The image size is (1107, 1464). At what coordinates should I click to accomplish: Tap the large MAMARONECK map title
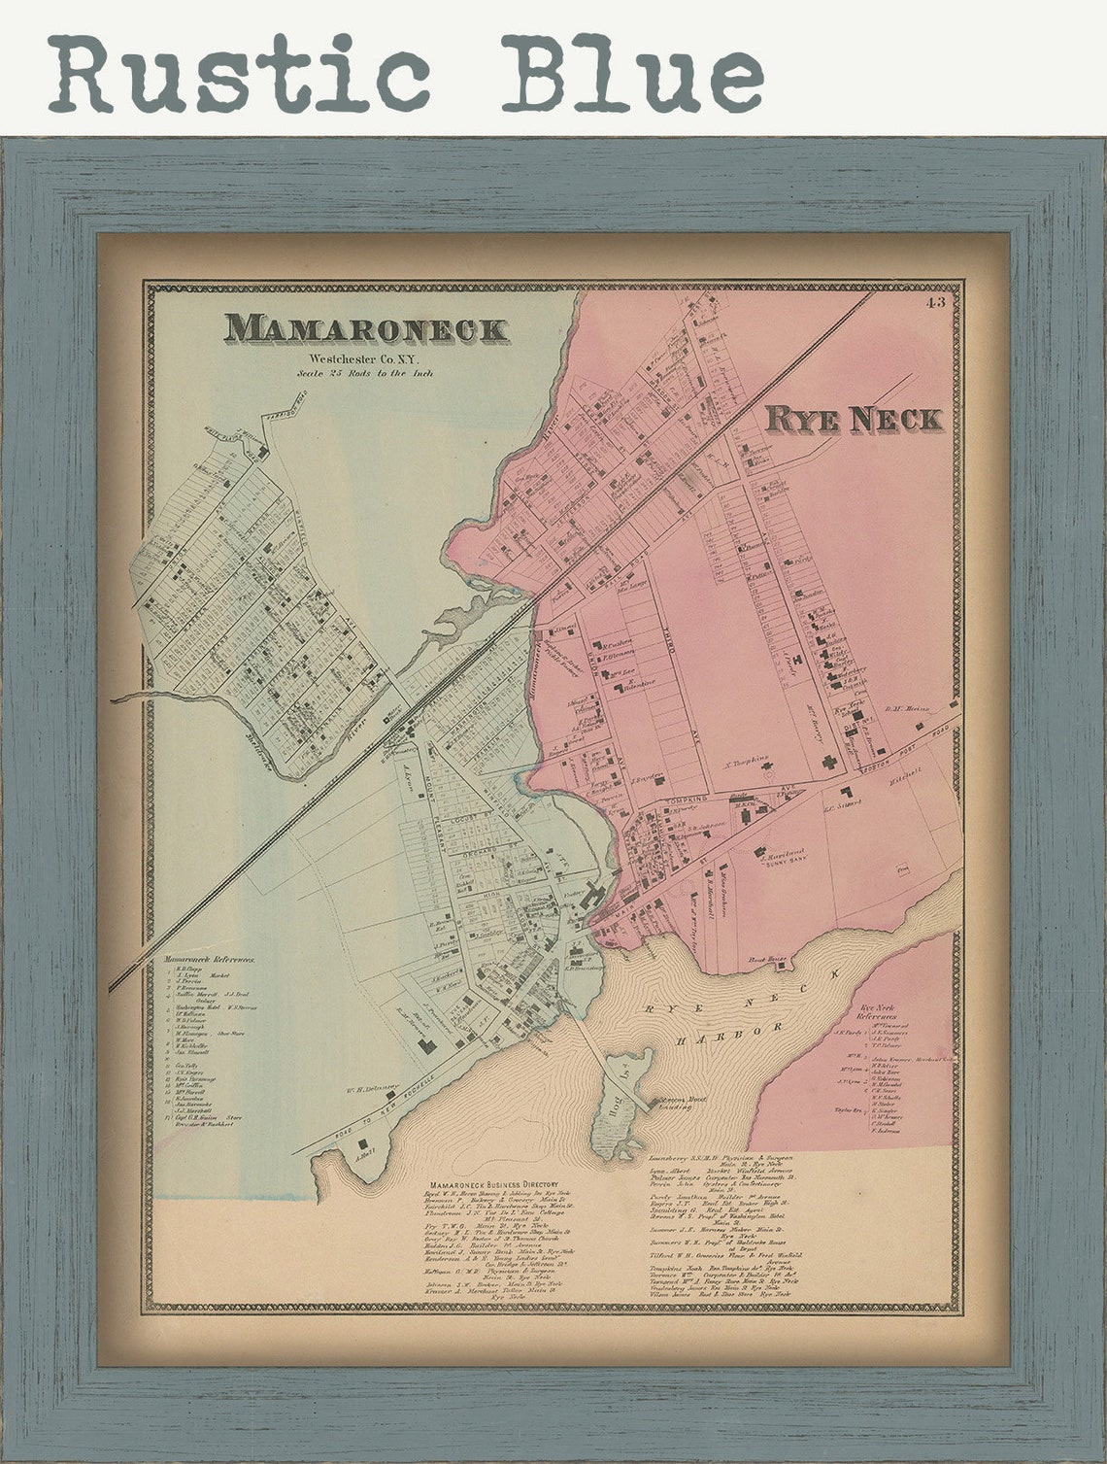coord(367,329)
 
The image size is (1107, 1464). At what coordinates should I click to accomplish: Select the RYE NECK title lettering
coord(854,419)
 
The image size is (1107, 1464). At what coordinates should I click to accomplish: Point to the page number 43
coord(936,302)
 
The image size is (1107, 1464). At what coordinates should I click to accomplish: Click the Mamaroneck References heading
coord(210,958)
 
